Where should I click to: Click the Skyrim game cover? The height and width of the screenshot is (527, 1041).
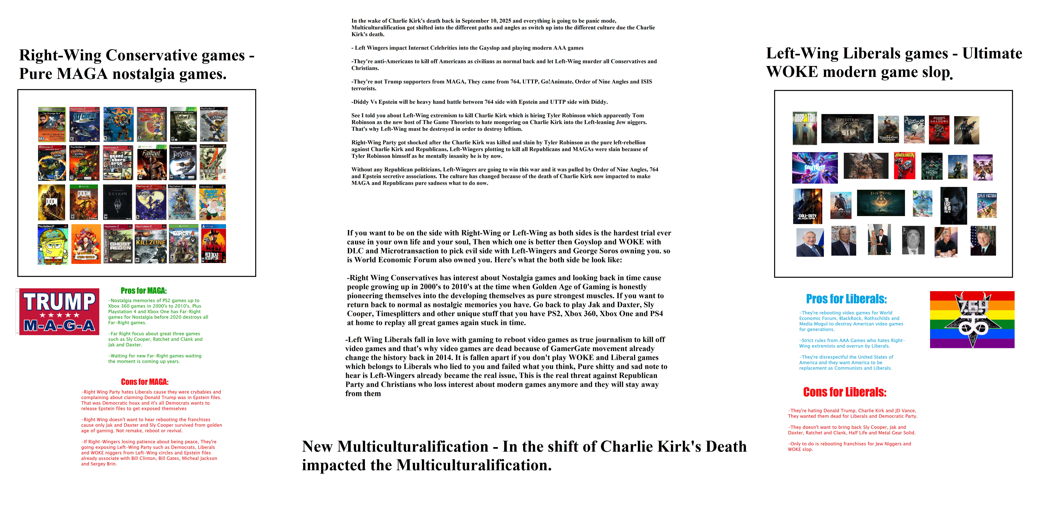[x=118, y=202]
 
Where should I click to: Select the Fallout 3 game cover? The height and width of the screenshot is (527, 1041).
[x=183, y=124]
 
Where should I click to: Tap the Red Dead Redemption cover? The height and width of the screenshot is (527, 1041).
[x=213, y=244]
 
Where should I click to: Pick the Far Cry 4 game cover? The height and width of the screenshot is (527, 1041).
[x=183, y=244]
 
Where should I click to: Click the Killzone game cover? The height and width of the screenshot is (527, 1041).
[x=151, y=244]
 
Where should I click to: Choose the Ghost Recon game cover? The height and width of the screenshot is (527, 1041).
[x=118, y=244]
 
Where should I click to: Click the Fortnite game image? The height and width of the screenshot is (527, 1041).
[x=815, y=168]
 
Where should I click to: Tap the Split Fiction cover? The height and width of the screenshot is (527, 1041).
[x=987, y=205]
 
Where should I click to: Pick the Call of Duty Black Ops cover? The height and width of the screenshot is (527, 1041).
[x=807, y=206]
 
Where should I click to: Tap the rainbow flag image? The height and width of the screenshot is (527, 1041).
[x=972, y=319]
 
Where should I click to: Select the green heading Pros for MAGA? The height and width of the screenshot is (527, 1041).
[x=144, y=291]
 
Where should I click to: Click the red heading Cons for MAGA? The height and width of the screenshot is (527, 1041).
[x=145, y=382]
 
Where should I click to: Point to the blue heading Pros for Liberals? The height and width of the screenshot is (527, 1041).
[x=846, y=299]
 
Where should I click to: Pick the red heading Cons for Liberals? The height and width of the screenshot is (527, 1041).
[x=845, y=392]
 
